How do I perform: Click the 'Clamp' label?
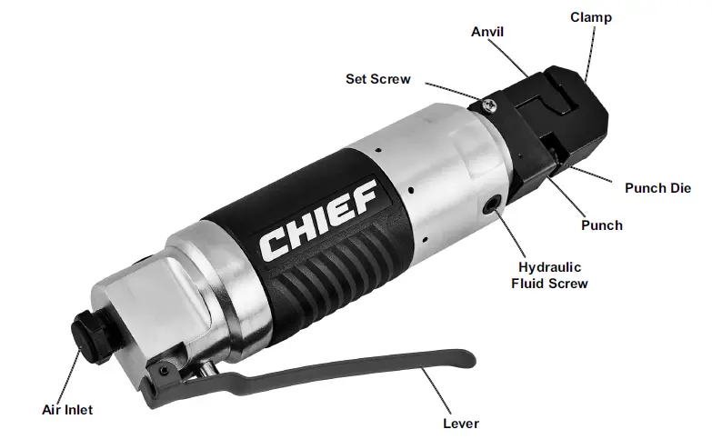tap(590, 17)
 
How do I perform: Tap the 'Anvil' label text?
tap(487, 32)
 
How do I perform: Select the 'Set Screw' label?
tap(377, 79)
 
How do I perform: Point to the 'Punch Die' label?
tap(657, 188)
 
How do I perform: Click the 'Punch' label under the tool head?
tap(602, 224)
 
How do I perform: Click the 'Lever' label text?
tap(460, 423)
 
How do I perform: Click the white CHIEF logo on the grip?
tap(317, 218)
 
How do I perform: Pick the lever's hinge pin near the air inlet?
tap(165, 372)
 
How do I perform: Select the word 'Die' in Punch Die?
tap(681, 188)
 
